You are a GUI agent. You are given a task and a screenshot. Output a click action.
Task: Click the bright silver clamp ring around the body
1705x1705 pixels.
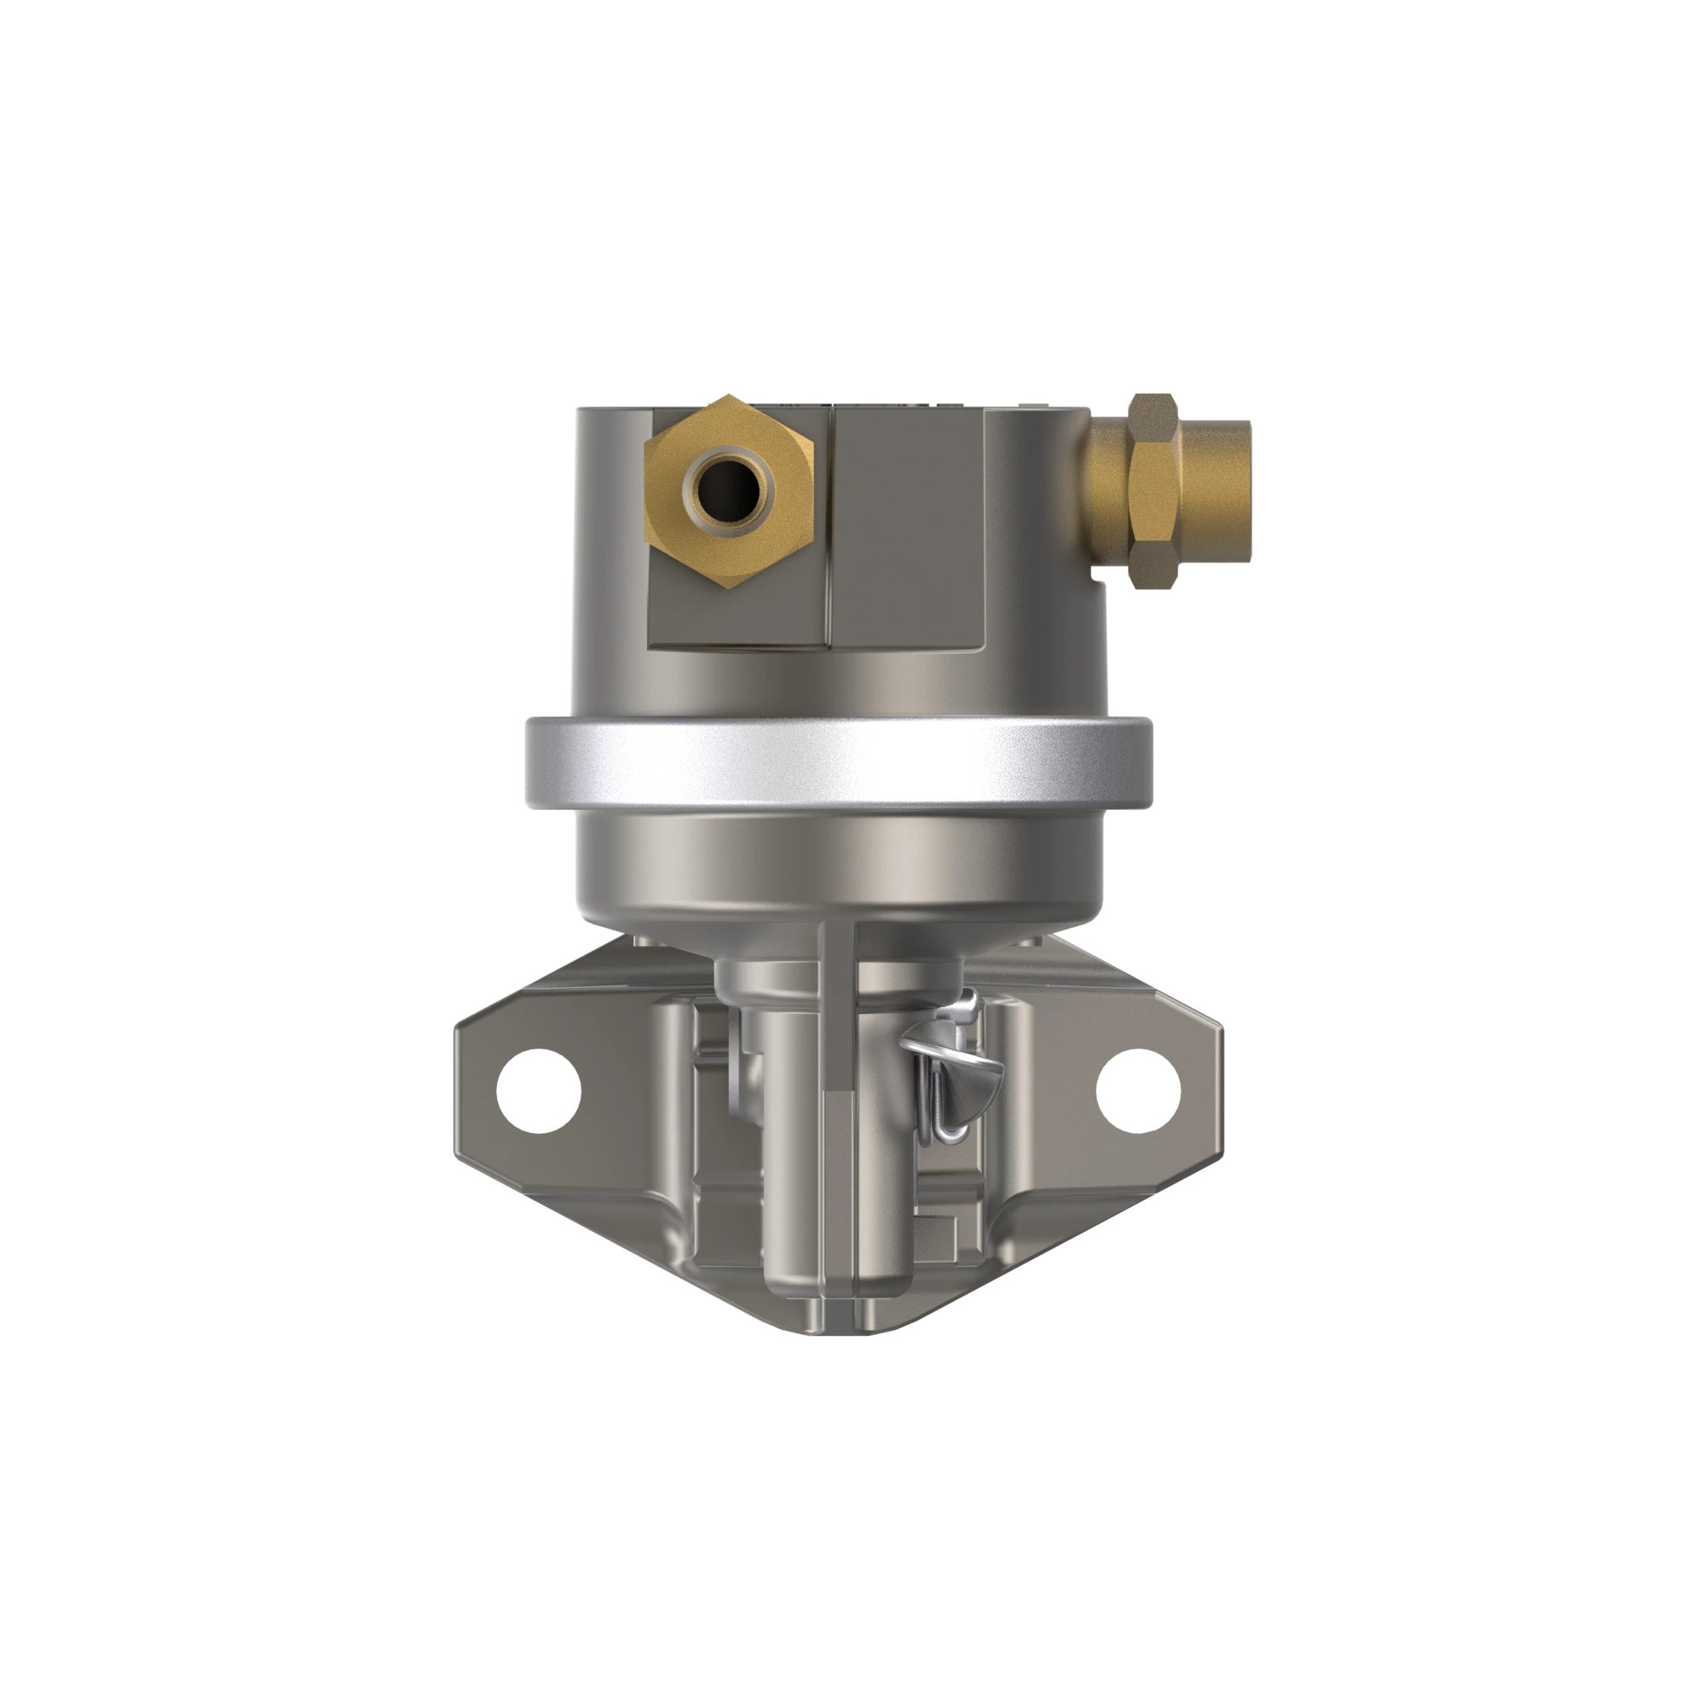838,763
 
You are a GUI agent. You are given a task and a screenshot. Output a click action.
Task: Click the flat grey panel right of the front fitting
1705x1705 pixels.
909,529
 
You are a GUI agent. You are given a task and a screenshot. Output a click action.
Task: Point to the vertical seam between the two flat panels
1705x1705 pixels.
830,529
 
